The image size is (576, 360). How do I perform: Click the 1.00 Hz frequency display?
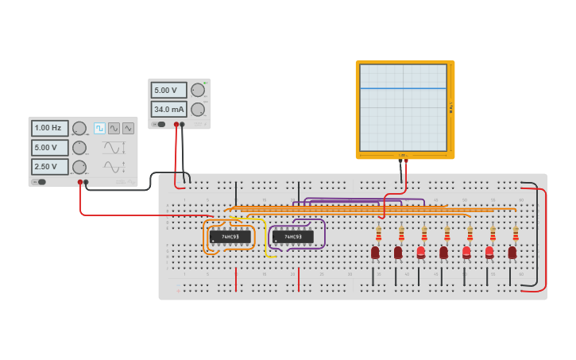[49, 128]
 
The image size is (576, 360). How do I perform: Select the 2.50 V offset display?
[49, 166]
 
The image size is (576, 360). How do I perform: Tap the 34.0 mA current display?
[168, 109]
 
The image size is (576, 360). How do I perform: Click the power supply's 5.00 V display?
[168, 90]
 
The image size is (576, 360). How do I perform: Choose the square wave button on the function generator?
[99, 128]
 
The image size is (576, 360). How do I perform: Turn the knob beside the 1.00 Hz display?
[79, 128]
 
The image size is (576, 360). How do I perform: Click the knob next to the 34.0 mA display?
[198, 109]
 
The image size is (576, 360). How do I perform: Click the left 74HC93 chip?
[230, 237]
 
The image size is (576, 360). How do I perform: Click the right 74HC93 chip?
[292, 237]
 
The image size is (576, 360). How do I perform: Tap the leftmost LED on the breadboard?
[375, 253]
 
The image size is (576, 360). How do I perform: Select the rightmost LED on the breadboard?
[512, 253]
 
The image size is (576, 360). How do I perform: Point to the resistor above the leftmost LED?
[378, 234]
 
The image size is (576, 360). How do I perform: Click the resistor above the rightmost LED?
[516, 234]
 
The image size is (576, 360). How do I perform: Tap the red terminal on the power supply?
[176, 125]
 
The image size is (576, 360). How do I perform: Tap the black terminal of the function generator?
[87, 182]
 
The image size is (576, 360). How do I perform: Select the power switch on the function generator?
[38, 182]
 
